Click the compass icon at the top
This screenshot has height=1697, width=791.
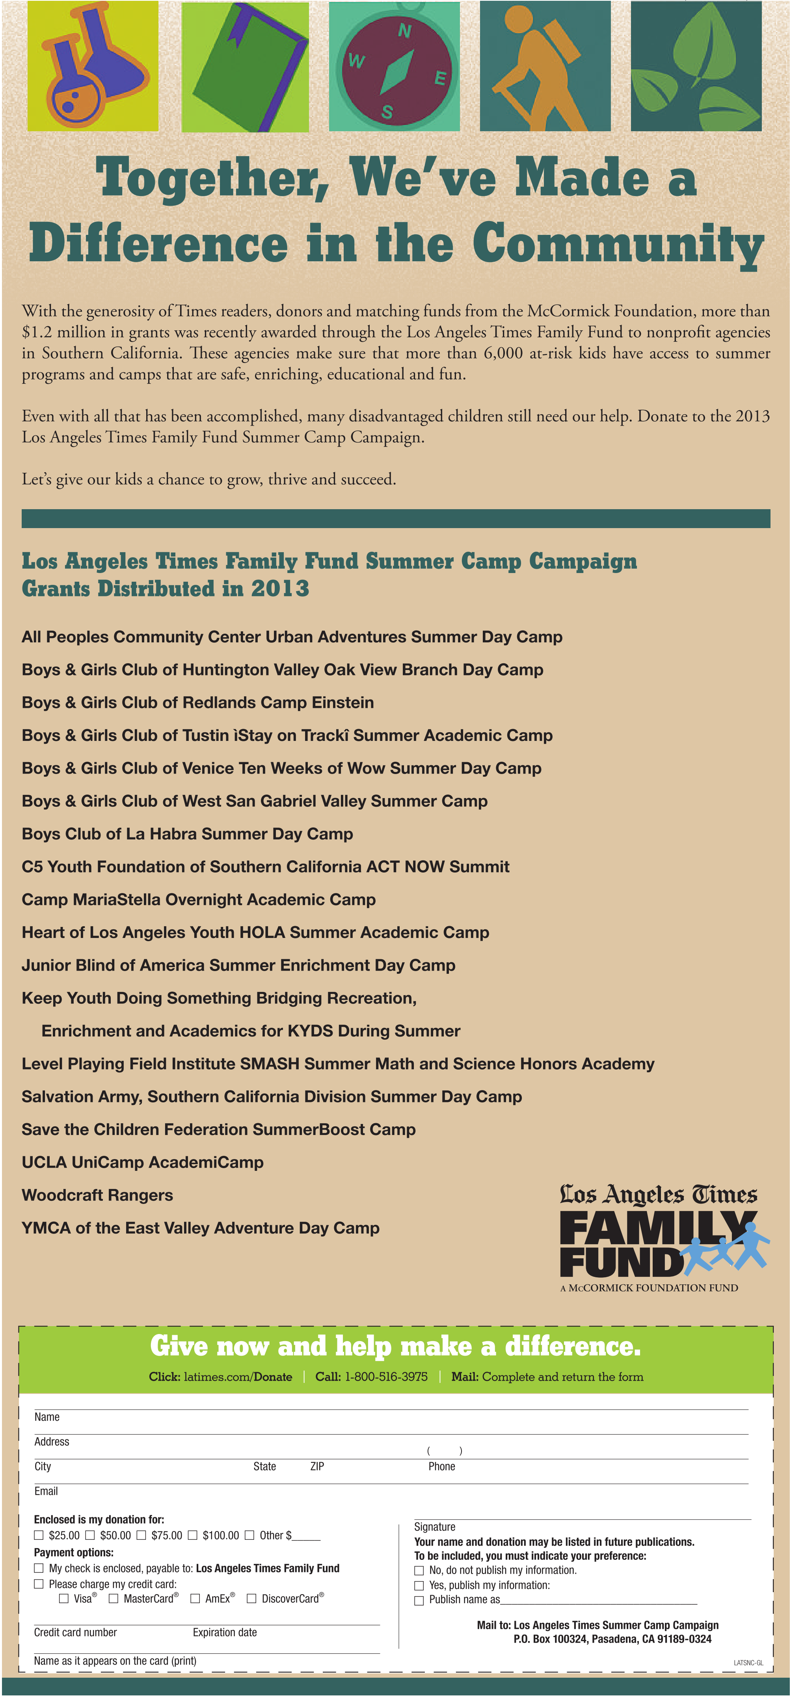coord(394,67)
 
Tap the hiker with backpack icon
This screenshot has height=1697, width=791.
coord(545,67)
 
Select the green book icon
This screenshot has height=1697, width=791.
coord(245,67)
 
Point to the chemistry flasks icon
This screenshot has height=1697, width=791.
coord(93,67)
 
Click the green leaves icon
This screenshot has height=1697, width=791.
coord(696,67)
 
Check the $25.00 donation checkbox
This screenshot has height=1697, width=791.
coord(39,1535)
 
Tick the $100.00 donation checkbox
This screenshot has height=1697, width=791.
coord(193,1535)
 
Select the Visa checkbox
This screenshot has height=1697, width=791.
coord(64,1598)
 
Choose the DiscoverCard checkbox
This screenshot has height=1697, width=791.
coord(251,1598)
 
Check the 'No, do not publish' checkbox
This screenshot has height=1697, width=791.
coord(419,1570)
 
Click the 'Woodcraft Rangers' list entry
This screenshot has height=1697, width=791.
coord(97,1195)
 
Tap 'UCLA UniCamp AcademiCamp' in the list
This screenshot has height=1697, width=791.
coord(142,1162)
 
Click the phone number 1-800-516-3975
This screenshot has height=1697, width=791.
coord(386,1377)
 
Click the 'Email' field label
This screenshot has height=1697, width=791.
coord(46,1491)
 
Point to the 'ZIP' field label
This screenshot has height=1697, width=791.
coord(317,1466)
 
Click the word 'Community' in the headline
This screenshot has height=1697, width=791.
coord(618,244)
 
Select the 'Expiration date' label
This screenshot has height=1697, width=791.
coord(225,1632)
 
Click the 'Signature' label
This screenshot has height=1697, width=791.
coord(435,1527)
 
